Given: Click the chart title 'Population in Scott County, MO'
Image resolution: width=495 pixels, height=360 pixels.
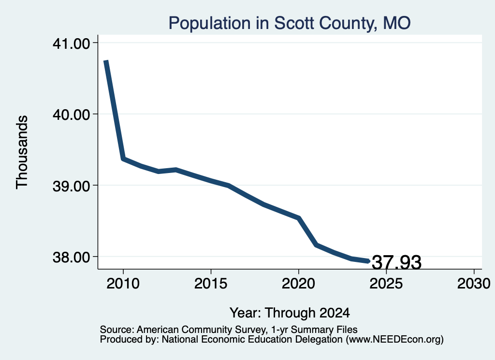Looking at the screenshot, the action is pyautogui.click(x=290, y=23).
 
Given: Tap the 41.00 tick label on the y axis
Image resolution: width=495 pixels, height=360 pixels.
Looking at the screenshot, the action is pyautogui.click(x=72, y=43).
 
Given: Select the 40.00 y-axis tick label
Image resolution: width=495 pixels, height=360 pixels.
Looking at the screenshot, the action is pyautogui.click(x=72, y=114).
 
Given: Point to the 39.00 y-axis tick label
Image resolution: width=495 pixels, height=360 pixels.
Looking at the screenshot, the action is pyautogui.click(x=72, y=186).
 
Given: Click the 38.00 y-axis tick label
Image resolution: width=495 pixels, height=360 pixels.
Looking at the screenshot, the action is pyautogui.click(x=72, y=257).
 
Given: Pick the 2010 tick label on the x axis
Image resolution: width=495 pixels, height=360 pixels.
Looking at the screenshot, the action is pyautogui.click(x=123, y=283).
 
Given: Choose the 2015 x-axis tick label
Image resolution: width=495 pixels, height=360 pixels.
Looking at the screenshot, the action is pyautogui.click(x=211, y=283).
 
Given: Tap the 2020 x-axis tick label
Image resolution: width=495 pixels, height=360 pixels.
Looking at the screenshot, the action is pyautogui.click(x=298, y=283).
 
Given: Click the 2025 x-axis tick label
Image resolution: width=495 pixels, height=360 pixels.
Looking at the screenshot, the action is pyautogui.click(x=386, y=283).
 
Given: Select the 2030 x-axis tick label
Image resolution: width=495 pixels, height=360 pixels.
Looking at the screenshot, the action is pyautogui.click(x=474, y=283).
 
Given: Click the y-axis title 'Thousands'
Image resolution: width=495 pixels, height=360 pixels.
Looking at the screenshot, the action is pyautogui.click(x=22, y=152).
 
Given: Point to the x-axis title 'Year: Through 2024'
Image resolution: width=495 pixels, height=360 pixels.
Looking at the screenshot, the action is pyautogui.click(x=290, y=313).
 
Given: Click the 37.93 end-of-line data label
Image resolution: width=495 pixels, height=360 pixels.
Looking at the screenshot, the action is pyautogui.click(x=397, y=262).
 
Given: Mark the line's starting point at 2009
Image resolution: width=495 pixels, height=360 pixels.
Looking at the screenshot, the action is pyautogui.click(x=106, y=61).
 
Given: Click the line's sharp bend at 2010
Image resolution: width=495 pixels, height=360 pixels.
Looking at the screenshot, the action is pyautogui.click(x=123, y=158).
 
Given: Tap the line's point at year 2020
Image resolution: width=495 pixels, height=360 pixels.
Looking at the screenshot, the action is pyautogui.click(x=298, y=218).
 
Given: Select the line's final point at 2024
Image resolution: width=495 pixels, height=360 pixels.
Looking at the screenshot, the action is pyautogui.click(x=368, y=261).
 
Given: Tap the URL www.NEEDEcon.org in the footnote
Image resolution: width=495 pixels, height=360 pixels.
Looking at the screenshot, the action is pyautogui.click(x=394, y=340).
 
